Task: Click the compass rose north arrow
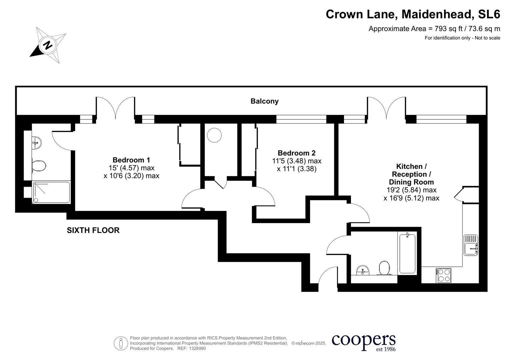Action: point(48,45)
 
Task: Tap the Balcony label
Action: point(264,101)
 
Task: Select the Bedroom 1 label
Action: point(131,160)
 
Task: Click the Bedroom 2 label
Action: point(296,153)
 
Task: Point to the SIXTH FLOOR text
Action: point(93,230)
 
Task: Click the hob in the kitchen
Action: point(444,276)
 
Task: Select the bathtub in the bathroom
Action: point(407,253)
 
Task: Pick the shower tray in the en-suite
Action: point(51,192)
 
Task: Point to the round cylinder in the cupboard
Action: point(214,135)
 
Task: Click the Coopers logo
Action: point(363,342)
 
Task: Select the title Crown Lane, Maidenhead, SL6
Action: point(413,14)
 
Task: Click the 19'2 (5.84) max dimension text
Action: point(411,190)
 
